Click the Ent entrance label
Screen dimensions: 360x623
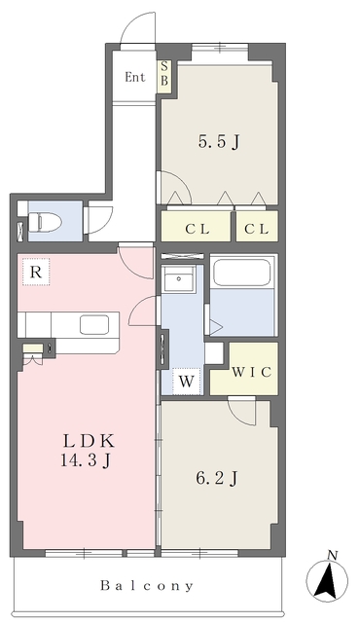click(x=135, y=77)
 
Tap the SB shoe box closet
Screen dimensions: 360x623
click(x=164, y=76)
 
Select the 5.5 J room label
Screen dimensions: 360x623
click(x=219, y=142)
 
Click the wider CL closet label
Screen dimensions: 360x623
click(x=198, y=230)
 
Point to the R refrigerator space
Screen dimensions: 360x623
click(x=36, y=272)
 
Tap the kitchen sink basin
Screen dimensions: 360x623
click(x=94, y=324)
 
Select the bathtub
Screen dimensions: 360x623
click(x=242, y=273)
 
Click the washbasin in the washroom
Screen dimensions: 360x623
click(x=179, y=279)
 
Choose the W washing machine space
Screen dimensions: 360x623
click(x=186, y=382)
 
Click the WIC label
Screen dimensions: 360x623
click(x=252, y=372)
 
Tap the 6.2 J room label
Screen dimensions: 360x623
click(x=217, y=479)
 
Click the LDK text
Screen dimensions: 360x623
click(x=90, y=441)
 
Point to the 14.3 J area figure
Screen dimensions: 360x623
click(x=86, y=460)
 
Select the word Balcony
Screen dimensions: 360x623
click(x=147, y=585)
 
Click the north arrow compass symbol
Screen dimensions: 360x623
click(x=327, y=580)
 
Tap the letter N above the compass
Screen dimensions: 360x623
click(x=333, y=555)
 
